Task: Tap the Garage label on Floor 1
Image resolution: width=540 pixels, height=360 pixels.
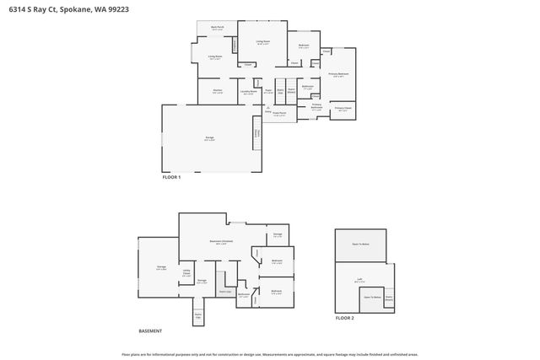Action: [x=209, y=138]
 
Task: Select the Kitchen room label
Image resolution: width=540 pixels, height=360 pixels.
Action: [x=217, y=90]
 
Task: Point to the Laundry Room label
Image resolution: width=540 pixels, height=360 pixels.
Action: [x=249, y=91]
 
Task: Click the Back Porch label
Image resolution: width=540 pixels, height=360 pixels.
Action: [x=217, y=28]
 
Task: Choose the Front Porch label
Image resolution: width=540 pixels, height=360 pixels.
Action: [x=279, y=113]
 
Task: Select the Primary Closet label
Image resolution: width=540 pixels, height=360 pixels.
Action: [x=343, y=109]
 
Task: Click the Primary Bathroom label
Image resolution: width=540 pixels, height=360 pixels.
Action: [x=317, y=106]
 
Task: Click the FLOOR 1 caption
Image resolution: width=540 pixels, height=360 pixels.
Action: [x=171, y=177]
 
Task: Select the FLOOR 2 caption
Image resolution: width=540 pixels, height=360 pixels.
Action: [x=345, y=318]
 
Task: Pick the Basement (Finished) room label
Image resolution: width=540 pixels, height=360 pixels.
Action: [x=221, y=241]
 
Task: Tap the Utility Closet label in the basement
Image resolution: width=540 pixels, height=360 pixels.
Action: [x=186, y=271]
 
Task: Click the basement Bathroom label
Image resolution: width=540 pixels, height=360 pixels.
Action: [x=244, y=295]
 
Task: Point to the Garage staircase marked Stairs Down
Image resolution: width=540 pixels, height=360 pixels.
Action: [x=256, y=135]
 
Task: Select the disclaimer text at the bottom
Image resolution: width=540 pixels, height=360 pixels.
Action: [x=270, y=354]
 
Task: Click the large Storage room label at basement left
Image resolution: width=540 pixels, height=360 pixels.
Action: [x=160, y=267]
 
